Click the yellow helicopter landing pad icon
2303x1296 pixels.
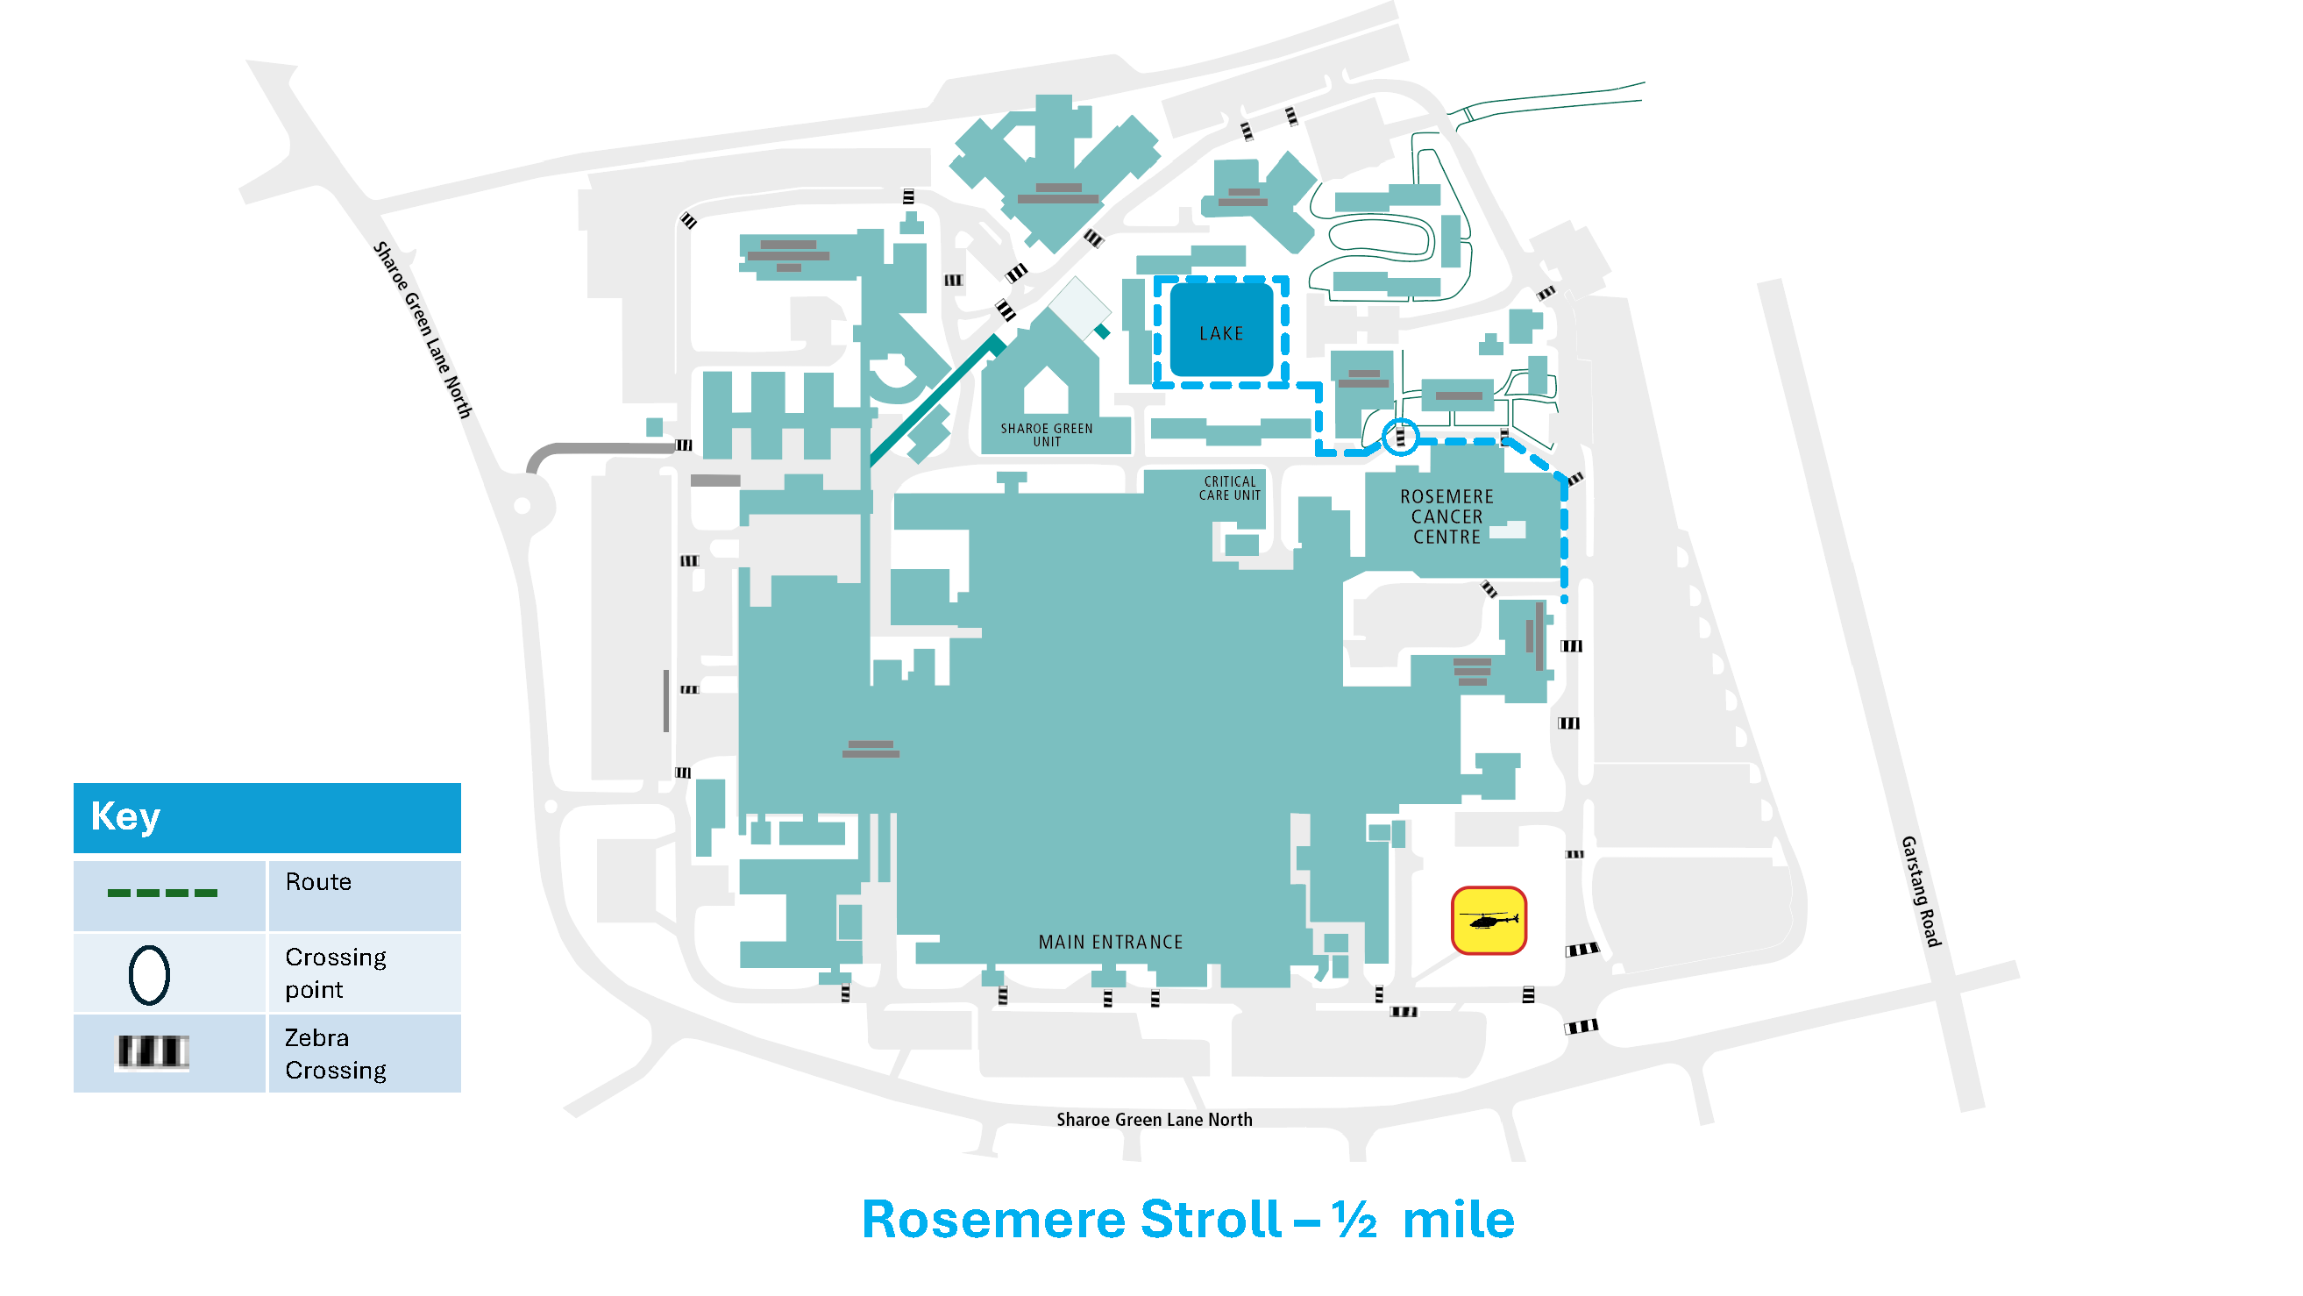click(1488, 921)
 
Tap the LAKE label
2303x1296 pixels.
click(1220, 333)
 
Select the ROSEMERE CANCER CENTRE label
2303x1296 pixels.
click(1446, 517)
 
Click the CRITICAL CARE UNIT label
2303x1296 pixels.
click(1229, 488)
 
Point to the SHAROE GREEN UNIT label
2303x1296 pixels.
click(1046, 435)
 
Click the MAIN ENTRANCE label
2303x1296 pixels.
click(1110, 942)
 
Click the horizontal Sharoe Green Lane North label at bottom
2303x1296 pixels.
click(1154, 1120)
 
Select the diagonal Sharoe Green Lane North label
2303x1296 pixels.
click(421, 329)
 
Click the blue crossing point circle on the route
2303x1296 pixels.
click(1400, 437)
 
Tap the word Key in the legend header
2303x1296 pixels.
click(125, 816)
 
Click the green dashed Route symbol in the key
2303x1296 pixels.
click(162, 893)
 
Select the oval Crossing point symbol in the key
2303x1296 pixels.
click(149, 975)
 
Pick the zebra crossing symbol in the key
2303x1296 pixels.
click(152, 1052)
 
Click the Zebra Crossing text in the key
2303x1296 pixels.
click(335, 1054)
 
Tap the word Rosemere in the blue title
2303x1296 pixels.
click(992, 1219)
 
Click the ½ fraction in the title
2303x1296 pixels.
click(1354, 1219)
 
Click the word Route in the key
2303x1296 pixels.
click(317, 882)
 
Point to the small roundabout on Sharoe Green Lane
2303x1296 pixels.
click(522, 506)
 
